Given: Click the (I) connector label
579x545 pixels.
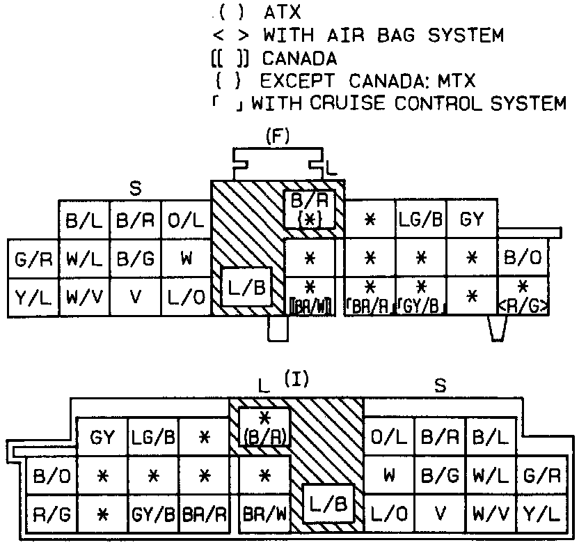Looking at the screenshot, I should (x=296, y=379).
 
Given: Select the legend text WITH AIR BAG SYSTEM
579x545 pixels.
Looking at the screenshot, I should (x=383, y=34).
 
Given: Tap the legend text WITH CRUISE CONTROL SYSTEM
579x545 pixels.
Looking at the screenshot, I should (x=409, y=104).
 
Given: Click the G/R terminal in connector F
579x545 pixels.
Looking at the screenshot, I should (x=33, y=259).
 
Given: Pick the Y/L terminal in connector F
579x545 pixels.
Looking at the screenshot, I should (x=33, y=297).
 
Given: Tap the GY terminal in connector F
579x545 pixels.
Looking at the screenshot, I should (x=472, y=220).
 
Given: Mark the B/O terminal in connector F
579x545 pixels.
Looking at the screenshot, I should (x=523, y=259).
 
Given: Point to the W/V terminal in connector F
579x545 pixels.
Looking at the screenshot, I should (x=84, y=297).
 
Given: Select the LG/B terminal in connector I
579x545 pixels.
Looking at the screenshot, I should (x=154, y=438).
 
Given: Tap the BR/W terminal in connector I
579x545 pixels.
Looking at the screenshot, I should (x=264, y=515).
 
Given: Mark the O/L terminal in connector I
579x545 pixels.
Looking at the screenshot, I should (x=388, y=438).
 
